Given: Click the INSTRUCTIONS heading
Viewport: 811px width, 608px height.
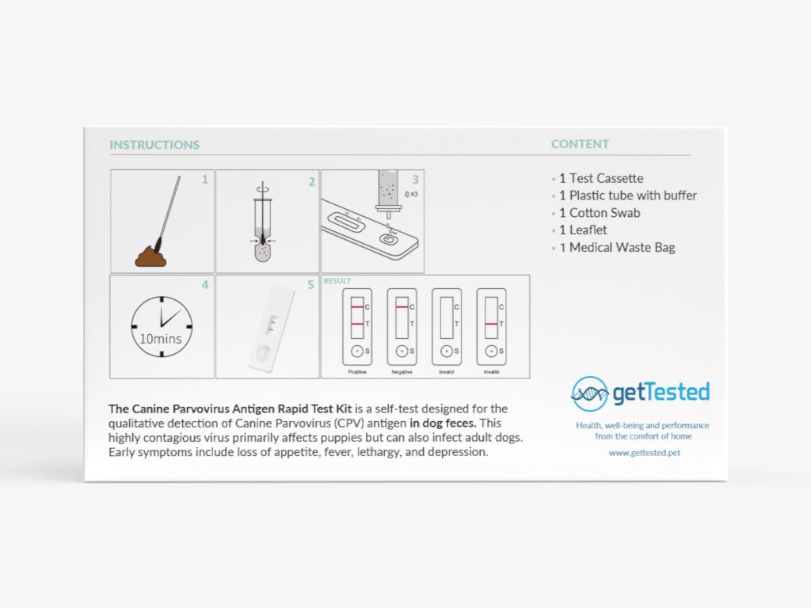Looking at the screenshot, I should tap(154, 145).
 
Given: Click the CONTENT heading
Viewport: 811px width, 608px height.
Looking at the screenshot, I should tap(580, 144).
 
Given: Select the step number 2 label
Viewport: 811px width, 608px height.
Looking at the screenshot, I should tap(311, 181).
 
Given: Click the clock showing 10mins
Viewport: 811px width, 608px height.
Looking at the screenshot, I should tap(162, 326).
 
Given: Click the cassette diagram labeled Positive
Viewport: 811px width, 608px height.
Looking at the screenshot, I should tap(357, 325).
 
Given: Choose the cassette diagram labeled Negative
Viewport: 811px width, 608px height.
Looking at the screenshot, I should tap(402, 325).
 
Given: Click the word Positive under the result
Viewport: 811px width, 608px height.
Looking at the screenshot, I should tap(357, 371).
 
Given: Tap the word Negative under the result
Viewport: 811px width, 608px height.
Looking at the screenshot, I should tap(402, 371).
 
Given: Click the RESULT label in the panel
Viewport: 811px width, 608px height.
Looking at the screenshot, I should tap(337, 281).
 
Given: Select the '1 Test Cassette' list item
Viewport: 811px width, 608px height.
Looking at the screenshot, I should tap(601, 178).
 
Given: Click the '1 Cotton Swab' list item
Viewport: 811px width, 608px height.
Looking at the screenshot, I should tap(600, 213).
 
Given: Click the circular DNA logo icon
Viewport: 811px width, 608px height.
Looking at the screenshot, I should tap(590, 393).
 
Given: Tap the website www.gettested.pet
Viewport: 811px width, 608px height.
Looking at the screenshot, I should tap(643, 453).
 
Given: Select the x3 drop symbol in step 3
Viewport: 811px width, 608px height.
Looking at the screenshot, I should tap(410, 192).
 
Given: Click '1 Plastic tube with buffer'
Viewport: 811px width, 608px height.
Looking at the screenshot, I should tap(628, 196).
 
